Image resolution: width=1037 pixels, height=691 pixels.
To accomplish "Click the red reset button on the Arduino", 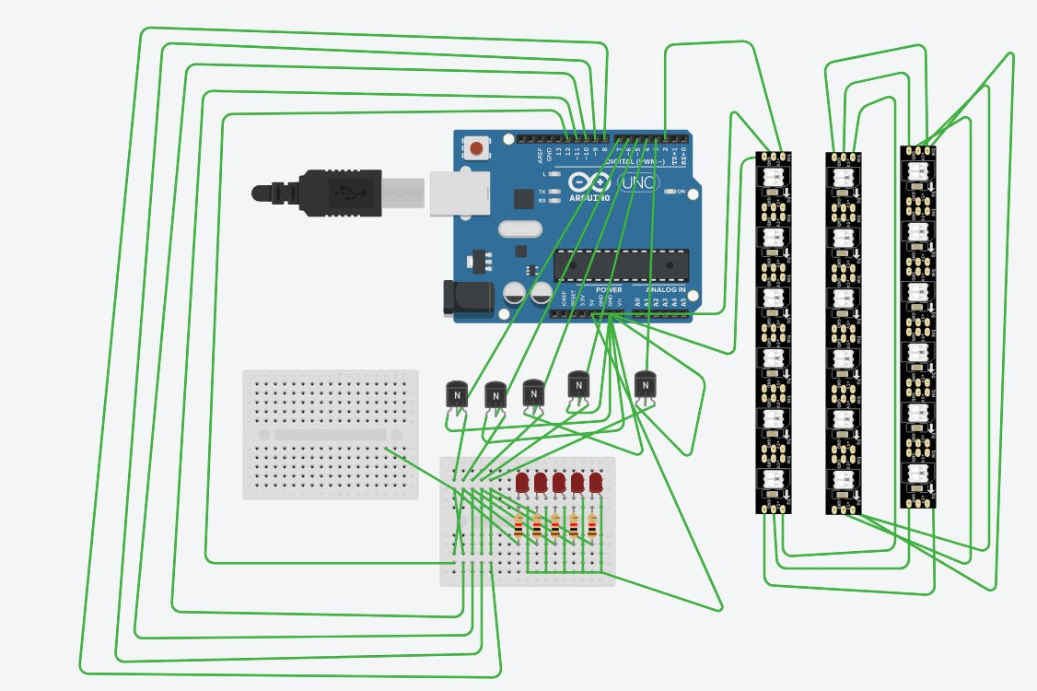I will click(x=477, y=148).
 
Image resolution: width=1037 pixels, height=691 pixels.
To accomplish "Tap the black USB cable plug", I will click(x=322, y=193).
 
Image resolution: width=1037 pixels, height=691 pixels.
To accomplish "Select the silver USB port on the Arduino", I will click(x=452, y=193).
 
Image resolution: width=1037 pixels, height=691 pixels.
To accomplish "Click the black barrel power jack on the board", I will click(x=461, y=297).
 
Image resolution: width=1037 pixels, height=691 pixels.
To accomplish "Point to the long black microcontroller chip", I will click(x=620, y=265).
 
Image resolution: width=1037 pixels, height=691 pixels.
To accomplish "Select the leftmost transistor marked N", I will click(x=457, y=395).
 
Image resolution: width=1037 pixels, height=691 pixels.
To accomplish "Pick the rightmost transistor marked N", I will click(x=647, y=383).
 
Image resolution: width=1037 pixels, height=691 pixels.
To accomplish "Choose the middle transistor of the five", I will click(x=533, y=392).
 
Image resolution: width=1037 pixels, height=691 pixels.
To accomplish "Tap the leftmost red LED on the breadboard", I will click(x=522, y=483).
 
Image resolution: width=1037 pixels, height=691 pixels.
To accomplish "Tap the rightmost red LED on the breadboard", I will click(x=596, y=483).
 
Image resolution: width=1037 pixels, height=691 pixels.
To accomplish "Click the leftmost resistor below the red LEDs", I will click(x=518, y=526).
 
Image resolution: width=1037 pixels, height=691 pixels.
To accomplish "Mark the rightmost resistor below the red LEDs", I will click(x=592, y=526).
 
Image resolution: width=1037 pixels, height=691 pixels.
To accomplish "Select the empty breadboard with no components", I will click(x=330, y=434).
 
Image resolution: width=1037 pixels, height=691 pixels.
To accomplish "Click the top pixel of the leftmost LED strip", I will click(x=772, y=177).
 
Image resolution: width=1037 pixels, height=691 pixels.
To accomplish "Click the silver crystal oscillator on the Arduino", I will click(x=518, y=228).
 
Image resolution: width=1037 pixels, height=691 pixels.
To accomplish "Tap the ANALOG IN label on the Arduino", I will click(x=667, y=289).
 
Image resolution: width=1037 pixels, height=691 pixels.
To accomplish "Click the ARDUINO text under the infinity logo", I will click(x=590, y=197).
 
